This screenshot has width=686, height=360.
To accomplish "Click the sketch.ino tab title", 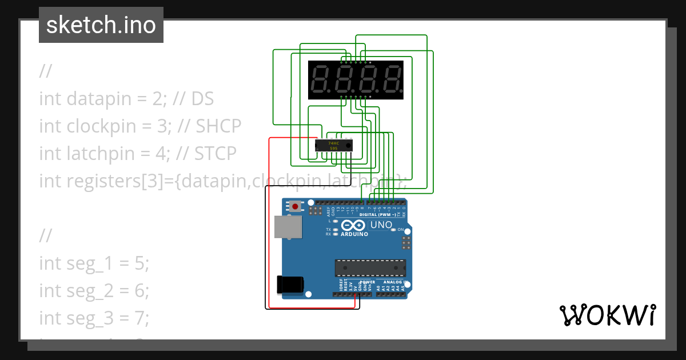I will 101,25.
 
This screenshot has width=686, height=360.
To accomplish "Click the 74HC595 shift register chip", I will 334,146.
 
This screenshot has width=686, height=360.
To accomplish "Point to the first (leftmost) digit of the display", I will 319,80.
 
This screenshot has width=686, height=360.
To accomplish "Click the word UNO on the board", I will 381,225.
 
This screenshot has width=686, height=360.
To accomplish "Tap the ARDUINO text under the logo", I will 354,234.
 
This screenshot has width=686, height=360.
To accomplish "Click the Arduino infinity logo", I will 353,225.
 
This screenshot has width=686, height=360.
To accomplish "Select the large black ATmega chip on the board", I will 370,267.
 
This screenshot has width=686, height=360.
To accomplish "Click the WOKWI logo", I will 607,315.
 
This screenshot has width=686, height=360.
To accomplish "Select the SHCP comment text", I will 219,126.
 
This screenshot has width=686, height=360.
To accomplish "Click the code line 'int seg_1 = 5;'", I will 94,263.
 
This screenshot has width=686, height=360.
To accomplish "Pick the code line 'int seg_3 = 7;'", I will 94,318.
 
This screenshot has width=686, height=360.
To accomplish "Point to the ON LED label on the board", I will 401,230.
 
